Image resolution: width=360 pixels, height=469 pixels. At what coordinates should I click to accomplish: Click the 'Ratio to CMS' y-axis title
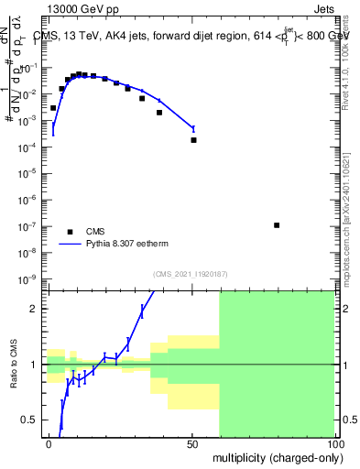[15, 364]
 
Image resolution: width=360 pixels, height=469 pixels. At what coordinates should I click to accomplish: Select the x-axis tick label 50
[191, 443]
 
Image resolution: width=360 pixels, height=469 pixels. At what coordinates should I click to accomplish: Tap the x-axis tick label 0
[49, 443]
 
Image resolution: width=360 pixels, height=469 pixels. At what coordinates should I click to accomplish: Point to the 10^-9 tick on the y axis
[30, 278]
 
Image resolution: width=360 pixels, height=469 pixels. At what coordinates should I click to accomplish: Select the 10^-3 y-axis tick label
[30, 120]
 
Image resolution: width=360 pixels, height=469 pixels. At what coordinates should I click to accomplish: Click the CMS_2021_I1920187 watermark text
[191, 273]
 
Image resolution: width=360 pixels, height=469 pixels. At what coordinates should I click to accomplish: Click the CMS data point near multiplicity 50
[193, 140]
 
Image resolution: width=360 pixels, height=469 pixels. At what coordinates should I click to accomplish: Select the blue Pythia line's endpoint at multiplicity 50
[192, 128]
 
